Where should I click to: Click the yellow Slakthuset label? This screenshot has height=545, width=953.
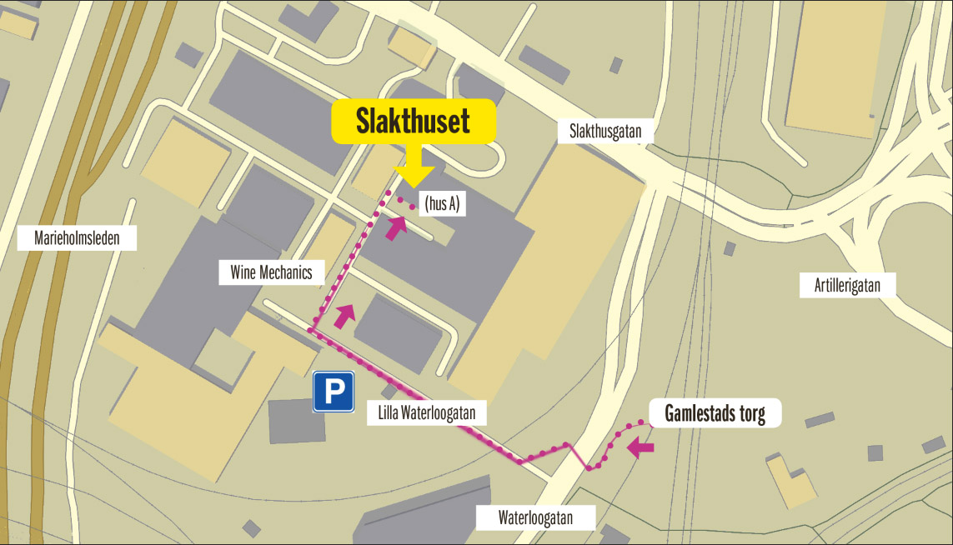(414, 122)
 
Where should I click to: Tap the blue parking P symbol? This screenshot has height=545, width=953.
(334, 392)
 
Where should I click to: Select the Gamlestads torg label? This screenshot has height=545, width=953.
(715, 413)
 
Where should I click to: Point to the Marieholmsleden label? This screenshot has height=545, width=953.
(77, 239)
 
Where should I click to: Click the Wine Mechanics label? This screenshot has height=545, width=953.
(271, 272)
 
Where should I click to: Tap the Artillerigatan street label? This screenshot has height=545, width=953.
(847, 286)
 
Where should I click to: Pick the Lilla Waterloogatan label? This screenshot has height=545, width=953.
(425, 412)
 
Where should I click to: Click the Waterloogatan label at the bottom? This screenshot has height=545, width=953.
(535, 517)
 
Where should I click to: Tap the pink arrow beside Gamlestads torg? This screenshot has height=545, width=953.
(640, 447)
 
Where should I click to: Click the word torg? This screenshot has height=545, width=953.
(750, 413)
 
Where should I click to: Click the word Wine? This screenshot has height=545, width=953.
(243, 272)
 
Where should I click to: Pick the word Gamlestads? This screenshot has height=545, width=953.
(700, 413)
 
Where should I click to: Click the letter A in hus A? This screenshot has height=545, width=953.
(454, 203)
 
